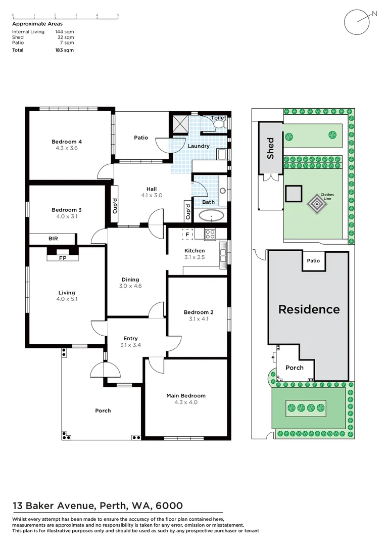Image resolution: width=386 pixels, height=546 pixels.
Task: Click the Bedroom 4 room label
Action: (x=67, y=142)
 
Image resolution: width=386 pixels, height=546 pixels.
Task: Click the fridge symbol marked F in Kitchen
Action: (x=187, y=234)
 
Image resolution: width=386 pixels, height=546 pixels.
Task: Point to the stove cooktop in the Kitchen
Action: (x=210, y=234)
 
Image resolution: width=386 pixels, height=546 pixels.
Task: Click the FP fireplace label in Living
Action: (x=63, y=258)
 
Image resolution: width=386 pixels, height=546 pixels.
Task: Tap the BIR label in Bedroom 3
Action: (x=53, y=238)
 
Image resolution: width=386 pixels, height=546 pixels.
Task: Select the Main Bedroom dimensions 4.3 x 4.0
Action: (x=186, y=402)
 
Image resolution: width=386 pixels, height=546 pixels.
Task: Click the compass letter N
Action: (x=374, y=14)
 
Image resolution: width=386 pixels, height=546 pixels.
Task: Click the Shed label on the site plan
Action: (x=271, y=148)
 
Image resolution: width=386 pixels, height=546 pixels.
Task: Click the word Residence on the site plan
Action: (x=309, y=309)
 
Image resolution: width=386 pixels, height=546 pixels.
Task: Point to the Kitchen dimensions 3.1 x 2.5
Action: (x=195, y=257)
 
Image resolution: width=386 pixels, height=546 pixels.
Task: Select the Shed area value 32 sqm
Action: (x=66, y=37)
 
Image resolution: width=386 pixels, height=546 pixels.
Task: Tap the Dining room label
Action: (x=130, y=280)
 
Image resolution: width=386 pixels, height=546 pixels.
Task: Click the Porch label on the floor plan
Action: (x=103, y=411)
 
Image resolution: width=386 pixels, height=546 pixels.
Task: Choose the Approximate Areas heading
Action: (x=37, y=24)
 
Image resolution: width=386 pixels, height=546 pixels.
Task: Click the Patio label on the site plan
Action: (x=313, y=261)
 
